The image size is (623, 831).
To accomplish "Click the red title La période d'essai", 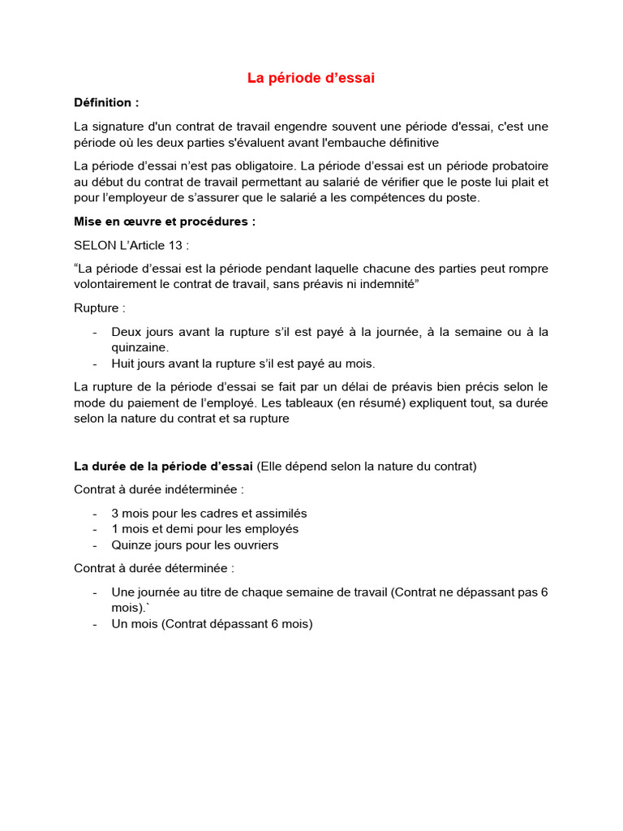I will coord(311,79).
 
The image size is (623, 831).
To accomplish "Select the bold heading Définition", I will coord(106,103).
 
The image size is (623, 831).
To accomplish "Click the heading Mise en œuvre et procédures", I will coord(165,222).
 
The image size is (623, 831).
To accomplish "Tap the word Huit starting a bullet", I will coord(124,363).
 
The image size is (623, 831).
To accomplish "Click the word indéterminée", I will coord(206,489).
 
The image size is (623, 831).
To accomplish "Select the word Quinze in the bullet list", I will coord(131,545).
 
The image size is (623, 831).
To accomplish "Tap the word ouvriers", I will coord(255,545).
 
